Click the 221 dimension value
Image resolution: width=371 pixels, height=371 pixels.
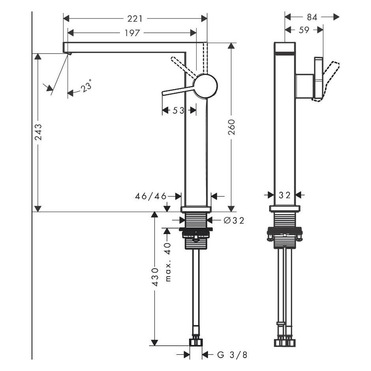point(135,19)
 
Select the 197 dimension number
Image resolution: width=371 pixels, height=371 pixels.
point(132,33)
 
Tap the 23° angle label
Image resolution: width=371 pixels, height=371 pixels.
point(86,86)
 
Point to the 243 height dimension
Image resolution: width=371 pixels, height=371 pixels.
point(38,132)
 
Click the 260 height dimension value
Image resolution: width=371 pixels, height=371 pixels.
point(231,127)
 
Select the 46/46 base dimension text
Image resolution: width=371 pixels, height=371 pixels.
point(151,196)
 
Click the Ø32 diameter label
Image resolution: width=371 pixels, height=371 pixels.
point(234,220)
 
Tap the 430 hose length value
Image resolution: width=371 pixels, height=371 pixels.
point(155,277)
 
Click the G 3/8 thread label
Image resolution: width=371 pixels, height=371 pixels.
point(232,355)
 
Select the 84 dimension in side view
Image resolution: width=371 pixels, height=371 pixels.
point(312,17)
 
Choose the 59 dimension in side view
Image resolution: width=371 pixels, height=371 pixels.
point(304,30)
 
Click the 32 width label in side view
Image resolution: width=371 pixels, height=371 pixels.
point(285,195)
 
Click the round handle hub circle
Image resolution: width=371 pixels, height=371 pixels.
point(205,86)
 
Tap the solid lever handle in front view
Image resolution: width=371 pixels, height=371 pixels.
point(178,91)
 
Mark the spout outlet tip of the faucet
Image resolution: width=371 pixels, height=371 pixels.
point(69,54)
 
